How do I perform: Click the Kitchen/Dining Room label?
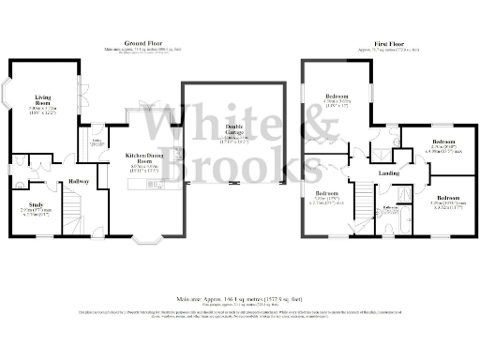click(144, 157)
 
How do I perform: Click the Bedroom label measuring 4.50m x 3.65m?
click(337, 97)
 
